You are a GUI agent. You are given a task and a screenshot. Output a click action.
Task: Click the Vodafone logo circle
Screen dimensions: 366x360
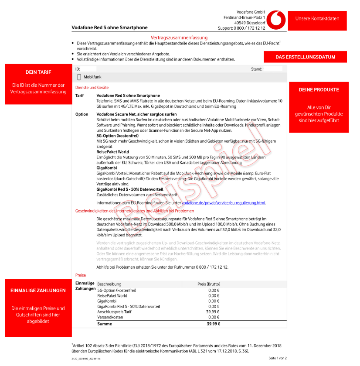coord(276,20)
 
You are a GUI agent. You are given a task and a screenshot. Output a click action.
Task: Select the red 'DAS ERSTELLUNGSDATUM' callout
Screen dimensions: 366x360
coord(305,57)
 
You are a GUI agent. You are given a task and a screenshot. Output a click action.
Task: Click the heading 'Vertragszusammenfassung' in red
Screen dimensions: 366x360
coord(179,38)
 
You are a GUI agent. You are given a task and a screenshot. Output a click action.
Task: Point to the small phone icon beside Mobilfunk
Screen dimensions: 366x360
coord(79,77)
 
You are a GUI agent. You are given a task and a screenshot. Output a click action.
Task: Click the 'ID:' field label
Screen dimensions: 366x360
coord(78,69)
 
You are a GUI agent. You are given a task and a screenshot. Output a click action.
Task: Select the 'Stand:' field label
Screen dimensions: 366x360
coord(257,69)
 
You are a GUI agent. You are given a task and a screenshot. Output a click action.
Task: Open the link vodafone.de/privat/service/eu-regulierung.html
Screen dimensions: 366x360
coord(224,203)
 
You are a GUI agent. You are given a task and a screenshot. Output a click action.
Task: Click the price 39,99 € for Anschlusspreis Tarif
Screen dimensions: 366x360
coord(213,312)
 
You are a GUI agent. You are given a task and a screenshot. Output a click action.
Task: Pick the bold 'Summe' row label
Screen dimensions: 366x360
coord(105,324)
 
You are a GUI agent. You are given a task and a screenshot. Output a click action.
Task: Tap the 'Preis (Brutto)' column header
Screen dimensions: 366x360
coord(209,284)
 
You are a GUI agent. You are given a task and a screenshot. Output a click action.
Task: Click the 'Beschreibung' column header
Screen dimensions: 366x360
coord(109,284)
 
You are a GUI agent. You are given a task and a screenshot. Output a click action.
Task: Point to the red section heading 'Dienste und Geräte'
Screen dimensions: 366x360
coord(92,88)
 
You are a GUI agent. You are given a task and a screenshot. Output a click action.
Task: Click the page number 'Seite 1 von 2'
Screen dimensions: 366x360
coord(278,358)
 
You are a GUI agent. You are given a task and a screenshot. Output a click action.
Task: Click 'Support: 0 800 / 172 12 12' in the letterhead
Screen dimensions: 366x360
coord(241,27)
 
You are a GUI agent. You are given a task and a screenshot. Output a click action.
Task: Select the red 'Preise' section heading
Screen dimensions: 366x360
coord(81,275)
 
